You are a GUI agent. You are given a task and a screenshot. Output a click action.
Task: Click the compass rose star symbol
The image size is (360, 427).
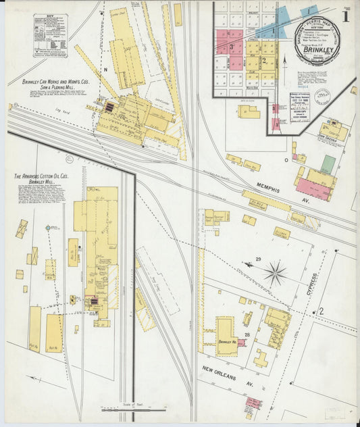pos(275,274)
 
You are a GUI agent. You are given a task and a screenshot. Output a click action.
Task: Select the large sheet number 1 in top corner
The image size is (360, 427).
pos(344,16)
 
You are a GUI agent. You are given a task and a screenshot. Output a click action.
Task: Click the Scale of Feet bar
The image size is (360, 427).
pos(132,409)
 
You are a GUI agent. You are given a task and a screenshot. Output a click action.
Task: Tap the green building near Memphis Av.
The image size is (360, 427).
pos(328,164)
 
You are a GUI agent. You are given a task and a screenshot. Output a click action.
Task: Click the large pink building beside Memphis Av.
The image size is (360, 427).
pos(313,189)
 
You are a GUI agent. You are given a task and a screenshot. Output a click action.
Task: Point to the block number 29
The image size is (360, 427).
pos(258,259)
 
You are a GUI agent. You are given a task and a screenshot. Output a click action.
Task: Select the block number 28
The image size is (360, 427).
pos(248,335)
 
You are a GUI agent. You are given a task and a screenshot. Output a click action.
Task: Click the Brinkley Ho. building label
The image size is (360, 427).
pos(226,343)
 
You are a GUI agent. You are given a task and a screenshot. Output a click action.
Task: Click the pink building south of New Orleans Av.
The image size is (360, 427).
pos(253,404)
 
